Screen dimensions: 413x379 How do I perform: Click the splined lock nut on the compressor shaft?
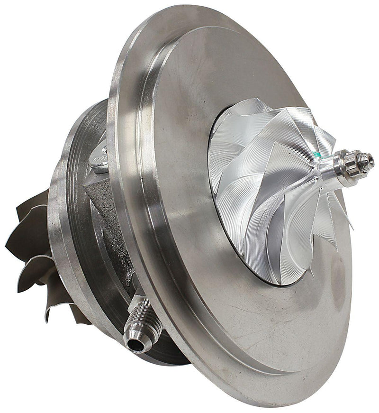click(x=348, y=165)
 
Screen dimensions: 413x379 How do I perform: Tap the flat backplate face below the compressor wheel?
click(x=265, y=327)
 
